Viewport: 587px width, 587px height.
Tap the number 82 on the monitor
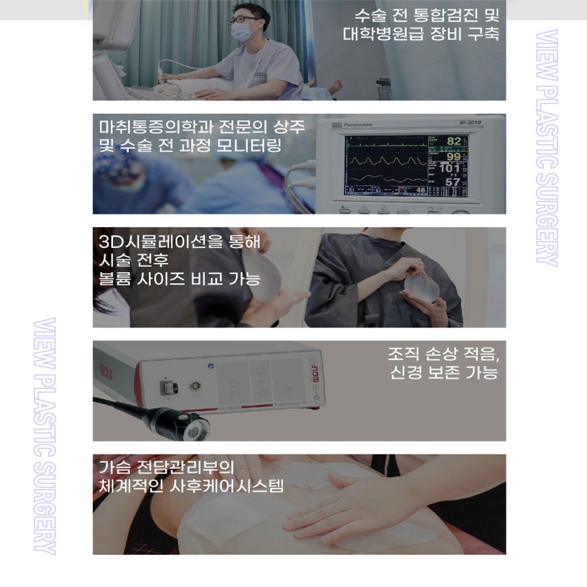(x=453, y=141)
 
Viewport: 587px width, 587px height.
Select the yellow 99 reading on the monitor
(x=453, y=156)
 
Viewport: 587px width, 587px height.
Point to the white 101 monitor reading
(x=450, y=168)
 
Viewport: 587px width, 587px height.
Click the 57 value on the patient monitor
(x=453, y=182)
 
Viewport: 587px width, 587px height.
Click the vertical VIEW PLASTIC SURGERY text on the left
(x=46, y=435)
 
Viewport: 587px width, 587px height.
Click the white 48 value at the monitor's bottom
(x=420, y=191)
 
